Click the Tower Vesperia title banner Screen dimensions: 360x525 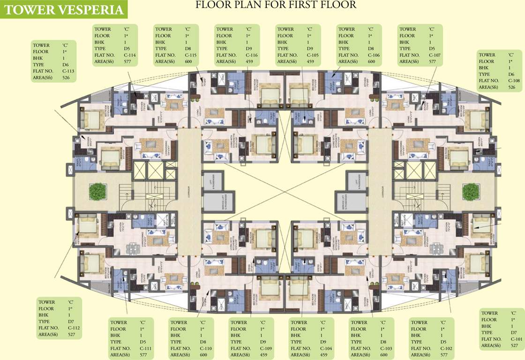coord(64,10)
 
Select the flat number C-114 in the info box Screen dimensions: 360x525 coord(129,55)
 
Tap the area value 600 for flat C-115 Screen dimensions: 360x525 coord(188,61)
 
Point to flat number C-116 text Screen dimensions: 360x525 coord(251,55)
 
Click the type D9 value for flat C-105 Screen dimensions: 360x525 coord(310,49)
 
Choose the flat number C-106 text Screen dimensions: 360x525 coord(373,55)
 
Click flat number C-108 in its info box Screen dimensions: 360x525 coord(513,81)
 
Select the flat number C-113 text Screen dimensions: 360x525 coord(67,71)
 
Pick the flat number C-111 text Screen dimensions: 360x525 coord(145,348)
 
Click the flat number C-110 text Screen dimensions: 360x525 coord(206,348)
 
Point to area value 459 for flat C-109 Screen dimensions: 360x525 coord(265,355)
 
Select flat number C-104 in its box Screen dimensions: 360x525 coord(326,348)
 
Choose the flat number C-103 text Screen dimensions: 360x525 coord(386,348)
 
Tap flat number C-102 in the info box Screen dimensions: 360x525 coord(446,348)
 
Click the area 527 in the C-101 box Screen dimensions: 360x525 coord(514,345)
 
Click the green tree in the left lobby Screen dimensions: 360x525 coord(97,191)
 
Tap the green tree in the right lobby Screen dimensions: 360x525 coord(470,192)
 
